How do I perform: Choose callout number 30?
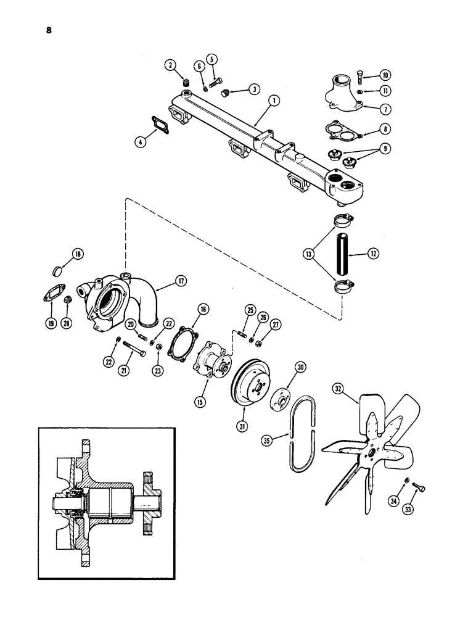[300, 368]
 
